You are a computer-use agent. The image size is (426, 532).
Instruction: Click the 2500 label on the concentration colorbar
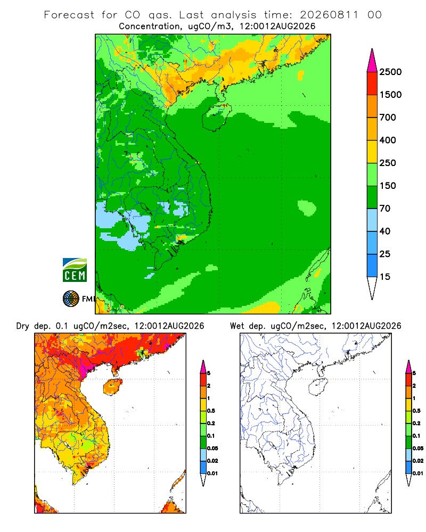pyautogui.click(x=390, y=72)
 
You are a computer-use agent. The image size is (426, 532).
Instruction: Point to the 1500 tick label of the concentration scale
pyautogui.click(x=390, y=95)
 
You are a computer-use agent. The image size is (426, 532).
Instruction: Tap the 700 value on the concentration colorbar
pyautogui.click(x=388, y=118)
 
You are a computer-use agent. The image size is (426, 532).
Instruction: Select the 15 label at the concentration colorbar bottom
pyautogui.click(x=385, y=277)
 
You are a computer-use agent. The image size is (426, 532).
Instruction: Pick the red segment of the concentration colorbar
pyautogui.click(x=372, y=84)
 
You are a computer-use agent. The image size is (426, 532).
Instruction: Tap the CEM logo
pyautogui.click(x=75, y=270)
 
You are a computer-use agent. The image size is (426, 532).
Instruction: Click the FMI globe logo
pyautogui.click(x=71, y=299)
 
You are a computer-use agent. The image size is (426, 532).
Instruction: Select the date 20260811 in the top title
pyautogui.click(x=329, y=15)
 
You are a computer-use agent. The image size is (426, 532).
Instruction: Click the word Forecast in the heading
pyautogui.click(x=69, y=15)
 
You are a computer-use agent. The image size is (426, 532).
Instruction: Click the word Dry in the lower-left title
pyautogui.click(x=23, y=326)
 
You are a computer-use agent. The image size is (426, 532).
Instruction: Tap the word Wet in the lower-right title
pyautogui.click(x=237, y=326)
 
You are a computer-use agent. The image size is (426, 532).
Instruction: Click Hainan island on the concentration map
pyautogui.click(x=216, y=117)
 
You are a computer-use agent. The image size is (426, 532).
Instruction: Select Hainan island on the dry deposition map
pyautogui.click(x=113, y=387)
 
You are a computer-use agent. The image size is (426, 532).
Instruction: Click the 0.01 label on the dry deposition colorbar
pyautogui.click(x=212, y=473)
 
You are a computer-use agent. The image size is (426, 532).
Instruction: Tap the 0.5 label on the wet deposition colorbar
pyautogui.click(x=416, y=411)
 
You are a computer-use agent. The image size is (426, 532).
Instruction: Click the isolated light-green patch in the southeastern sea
pyautogui.click(x=307, y=207)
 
